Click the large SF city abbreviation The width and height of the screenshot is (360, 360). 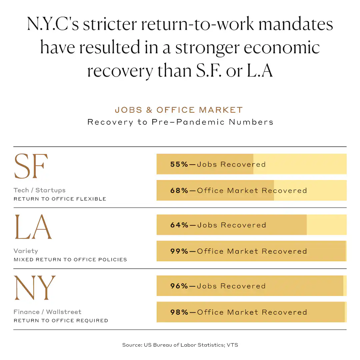coord(31,166)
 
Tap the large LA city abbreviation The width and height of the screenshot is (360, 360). coord(33,227)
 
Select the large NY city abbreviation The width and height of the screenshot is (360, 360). coord(34,288)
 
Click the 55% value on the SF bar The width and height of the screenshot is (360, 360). coord(179,164)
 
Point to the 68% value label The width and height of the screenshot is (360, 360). coord(179,191)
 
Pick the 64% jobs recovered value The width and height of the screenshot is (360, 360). coord(179,225)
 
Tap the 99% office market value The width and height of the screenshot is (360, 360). coord(179,251)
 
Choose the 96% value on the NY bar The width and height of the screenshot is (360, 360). coord(179,286)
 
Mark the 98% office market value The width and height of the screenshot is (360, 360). coord(179,312)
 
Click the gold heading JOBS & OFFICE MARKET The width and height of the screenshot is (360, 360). coord(179,110)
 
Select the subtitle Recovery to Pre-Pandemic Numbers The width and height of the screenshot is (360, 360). coord(180,122)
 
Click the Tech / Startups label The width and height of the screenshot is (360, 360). coord(40,190)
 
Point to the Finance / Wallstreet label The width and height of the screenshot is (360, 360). coord(47,312)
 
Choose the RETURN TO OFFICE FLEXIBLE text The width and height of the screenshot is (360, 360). coord(60,199)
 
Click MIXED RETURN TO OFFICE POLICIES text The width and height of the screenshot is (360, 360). coord(70,260)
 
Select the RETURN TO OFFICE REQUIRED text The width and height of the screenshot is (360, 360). coord(61,321)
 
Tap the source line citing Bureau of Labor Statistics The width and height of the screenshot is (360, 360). coord(180,345)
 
